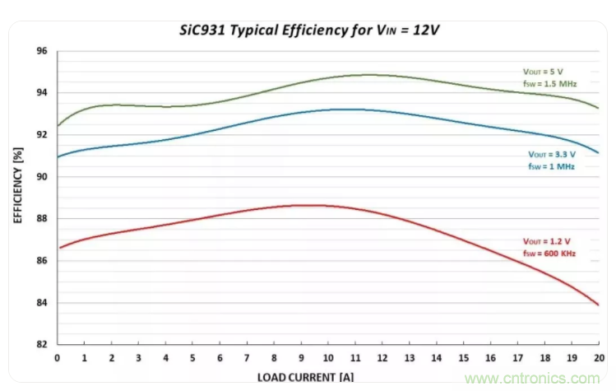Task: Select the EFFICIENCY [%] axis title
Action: click(x=18, y=186)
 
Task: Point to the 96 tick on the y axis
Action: click(x=42, y=52)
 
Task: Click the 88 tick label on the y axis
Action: click(x=42, y=219)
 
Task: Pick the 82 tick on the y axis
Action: click(x=42, y=344)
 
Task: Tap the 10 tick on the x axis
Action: click(x=327, y=358)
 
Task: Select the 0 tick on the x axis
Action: click(x=57, y=358)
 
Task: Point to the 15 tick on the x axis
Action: click(x=463, y=358)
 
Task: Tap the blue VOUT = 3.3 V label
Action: click(x=551, y=154)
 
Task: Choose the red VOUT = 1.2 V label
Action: click(x=547, y=241)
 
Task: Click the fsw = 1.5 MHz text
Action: click(x=550, y=84)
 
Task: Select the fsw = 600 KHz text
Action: click(x=549, y=254)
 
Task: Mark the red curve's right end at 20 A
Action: click(x=598, y=305)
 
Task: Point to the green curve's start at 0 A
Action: click(x=58, y=126)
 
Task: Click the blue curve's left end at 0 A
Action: click(x=58, y=156)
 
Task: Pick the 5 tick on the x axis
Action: click(x=192, y=358)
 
